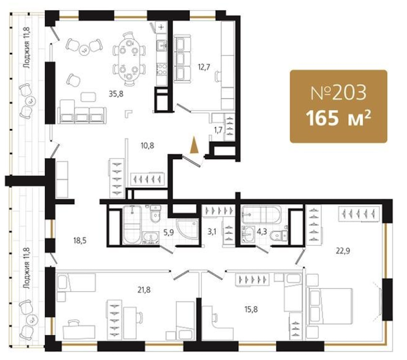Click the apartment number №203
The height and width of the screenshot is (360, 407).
coord(339,93)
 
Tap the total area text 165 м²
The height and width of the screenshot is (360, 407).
coord(338,118)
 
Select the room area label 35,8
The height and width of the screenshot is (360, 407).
coord(116,94)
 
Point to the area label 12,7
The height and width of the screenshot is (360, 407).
coord(204,67)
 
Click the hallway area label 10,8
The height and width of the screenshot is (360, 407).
coord(147,146)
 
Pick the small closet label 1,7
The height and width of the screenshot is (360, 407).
coord(218,130)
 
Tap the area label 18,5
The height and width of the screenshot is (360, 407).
coord(80,241)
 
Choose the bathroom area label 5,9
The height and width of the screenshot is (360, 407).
coord(168,232)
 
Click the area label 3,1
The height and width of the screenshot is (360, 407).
coord(212,232)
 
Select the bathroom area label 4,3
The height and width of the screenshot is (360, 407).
coord(261,231)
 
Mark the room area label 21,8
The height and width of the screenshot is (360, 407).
coord(144,290)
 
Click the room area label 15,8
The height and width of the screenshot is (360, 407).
coord(251,309)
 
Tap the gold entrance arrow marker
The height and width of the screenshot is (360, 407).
coord(194,145)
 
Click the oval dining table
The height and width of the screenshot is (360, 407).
coord(129,59)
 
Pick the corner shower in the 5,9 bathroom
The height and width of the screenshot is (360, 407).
coord(187,231)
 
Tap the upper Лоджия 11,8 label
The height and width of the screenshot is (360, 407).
coord(26,48)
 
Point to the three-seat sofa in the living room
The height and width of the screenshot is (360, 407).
coord(82,112)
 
